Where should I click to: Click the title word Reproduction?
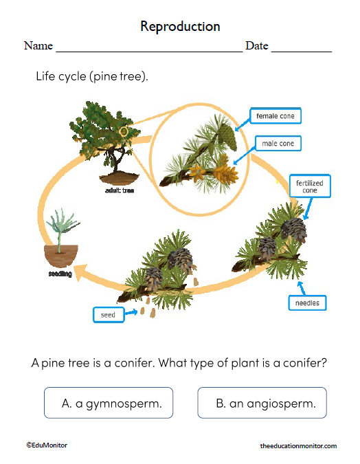tap(180, 26)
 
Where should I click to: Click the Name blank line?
tap(148, 49)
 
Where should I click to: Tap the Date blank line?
tap(302, 49)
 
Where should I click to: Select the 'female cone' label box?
tap(275, 116)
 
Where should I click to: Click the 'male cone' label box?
tap(278, 144)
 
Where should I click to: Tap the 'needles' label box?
tap(306, 303)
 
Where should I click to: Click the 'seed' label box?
tap(109, 315)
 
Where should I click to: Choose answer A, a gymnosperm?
tap(109, 404)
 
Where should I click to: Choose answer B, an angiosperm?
tap(262, 404)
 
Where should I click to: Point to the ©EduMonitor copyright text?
tap(47, 445)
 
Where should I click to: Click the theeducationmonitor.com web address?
tap(298, 446)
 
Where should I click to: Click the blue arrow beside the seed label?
tap(131, 313)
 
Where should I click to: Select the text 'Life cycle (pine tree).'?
tap(92, 76)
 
